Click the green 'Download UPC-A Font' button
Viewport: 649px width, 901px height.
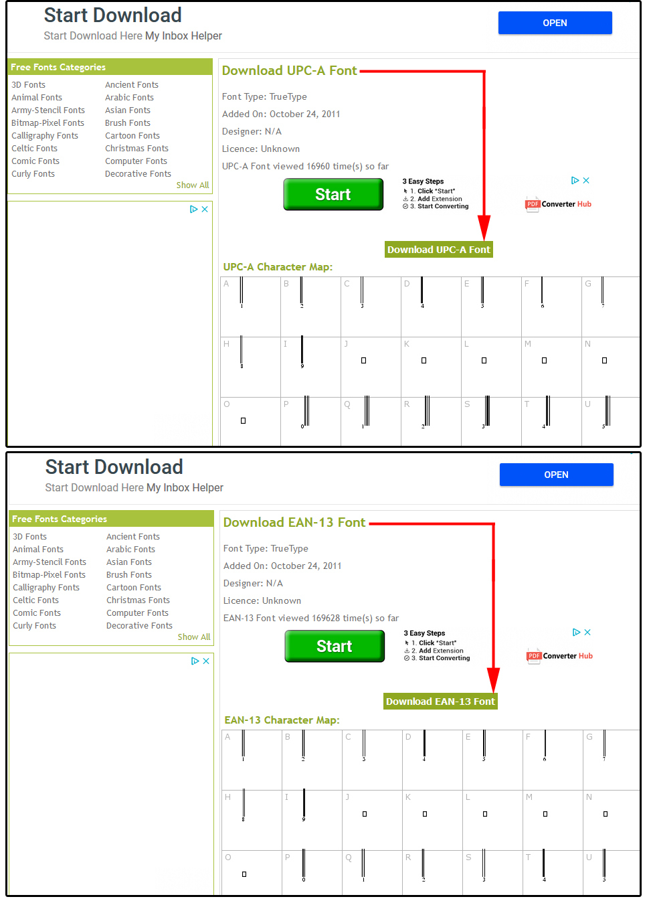pos(438,250)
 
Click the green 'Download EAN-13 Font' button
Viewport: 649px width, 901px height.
pos(440,701)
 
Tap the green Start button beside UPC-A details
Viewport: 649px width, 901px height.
pos(333,194)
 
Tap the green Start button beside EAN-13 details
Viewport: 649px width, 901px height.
pos(334,646)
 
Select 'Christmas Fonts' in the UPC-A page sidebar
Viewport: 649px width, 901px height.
pos(136,149)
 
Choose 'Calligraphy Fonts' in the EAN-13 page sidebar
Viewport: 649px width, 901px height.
pos(46,587)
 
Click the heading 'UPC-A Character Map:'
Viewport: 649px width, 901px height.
pos(278,266)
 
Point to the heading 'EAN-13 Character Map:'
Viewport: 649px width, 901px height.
pos(282,720)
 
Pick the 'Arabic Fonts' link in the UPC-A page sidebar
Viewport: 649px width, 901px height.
pos(129,97)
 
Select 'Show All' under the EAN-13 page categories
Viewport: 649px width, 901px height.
pos(194,637)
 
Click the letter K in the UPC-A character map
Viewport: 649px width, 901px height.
pos(407,344)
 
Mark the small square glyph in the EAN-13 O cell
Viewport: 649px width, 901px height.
pos(244,874)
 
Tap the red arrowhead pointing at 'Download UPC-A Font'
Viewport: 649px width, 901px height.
pos(484,228)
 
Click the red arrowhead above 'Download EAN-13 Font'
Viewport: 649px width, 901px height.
pos(493,680)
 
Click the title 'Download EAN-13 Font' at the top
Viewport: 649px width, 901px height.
pos(294,522)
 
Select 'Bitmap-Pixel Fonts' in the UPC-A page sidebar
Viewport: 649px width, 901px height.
pos(48,122)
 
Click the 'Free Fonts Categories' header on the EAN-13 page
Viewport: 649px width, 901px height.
pos(60,519)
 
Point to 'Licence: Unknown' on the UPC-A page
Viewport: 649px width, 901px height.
pos(260,149)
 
